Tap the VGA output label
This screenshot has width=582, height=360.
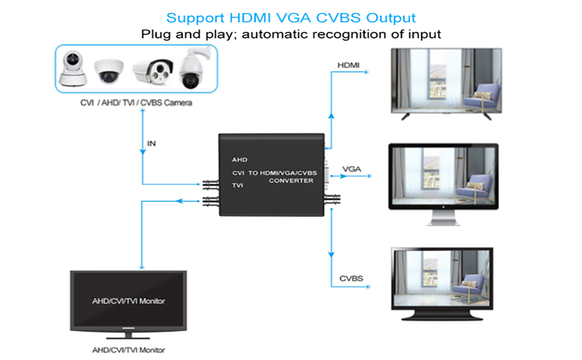tap(351, 169)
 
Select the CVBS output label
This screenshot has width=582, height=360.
tap(351, 278)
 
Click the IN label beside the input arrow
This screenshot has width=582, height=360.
tap(152, 143)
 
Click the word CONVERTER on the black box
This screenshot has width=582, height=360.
tap(291, 181)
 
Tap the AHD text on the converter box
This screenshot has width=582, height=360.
tap(239, 160)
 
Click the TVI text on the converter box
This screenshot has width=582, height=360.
tap(238, 186)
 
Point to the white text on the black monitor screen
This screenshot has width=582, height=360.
tap(128, 301)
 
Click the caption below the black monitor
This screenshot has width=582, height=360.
tap(128, 350)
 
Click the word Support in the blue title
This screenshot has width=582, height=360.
tap(191, 18)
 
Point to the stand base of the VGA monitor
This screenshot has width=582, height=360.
tap(443, 222)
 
